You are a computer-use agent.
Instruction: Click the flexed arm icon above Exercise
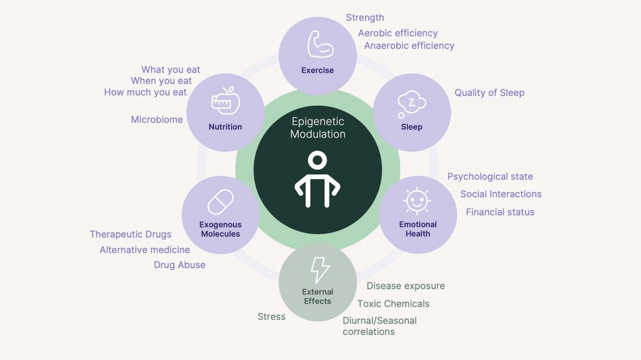320,44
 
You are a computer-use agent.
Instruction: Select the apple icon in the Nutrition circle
225,101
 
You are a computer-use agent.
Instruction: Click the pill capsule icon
220,202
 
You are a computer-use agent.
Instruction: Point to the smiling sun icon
416,201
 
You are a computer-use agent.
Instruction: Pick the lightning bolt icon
320,270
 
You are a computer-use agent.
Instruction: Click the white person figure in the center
317,179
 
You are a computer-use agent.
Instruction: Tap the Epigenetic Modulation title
317,128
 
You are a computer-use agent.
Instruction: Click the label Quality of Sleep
490,93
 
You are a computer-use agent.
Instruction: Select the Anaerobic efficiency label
409,46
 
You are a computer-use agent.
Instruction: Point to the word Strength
365,18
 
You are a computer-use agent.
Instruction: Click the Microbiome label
156,120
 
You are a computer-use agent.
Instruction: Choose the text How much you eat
145,93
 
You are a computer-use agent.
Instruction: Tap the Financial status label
500,212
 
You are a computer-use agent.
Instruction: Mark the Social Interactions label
501,194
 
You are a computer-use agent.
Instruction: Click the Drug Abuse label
180,265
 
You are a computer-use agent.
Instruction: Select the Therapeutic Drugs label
130,234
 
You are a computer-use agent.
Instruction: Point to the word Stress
272,317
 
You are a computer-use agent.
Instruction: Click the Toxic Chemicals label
393,304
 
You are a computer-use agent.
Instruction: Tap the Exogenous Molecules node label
220,229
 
